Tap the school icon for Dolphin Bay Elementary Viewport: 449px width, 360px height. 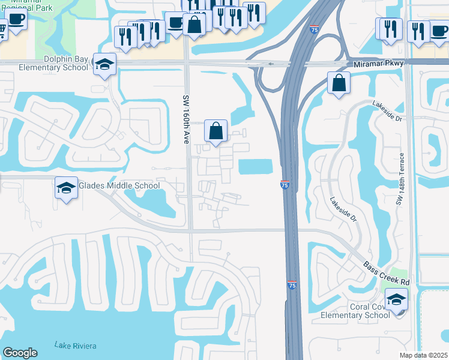104,65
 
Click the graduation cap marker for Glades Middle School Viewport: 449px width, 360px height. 66,188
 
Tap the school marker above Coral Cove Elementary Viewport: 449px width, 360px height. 396,299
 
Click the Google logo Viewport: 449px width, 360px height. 20,353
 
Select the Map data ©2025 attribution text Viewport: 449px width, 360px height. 424,355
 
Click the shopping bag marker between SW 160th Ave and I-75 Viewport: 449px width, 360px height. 215,130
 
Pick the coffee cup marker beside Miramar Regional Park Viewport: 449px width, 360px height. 16,19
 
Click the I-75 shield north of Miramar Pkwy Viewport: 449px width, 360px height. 315,29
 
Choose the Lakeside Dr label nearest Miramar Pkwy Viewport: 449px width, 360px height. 387,110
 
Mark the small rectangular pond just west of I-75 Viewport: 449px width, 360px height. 256,166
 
